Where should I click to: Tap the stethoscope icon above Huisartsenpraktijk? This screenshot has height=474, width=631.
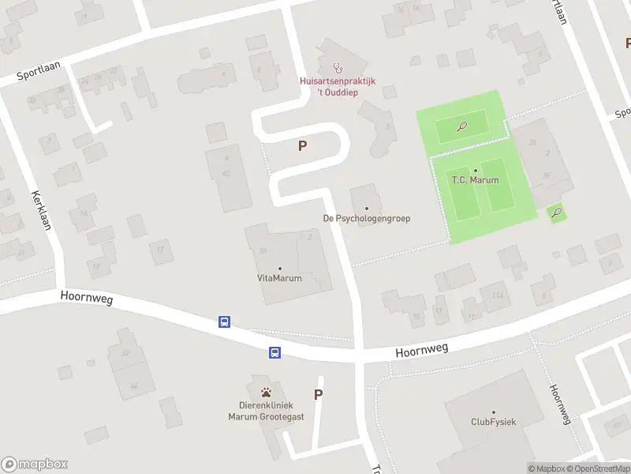(x=338, y=67)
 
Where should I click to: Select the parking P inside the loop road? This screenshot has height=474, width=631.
(x=302, y=145)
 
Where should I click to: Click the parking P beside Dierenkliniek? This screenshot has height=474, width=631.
(x=319, y=395)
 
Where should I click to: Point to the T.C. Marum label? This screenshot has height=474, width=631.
(x=475, y=180)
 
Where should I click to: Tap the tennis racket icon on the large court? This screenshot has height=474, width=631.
(x=461, y=125)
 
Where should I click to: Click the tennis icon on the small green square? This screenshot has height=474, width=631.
(x=558, y=212)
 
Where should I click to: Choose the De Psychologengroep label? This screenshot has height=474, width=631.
(x=367, y=218)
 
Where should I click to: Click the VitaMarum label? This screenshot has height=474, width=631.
(x=279, y=278)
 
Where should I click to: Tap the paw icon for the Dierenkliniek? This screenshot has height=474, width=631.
(x=265, y=391)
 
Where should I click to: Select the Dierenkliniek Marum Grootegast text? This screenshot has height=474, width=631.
(x=265, y=411)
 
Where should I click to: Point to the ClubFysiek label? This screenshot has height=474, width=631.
(x=493, y=422)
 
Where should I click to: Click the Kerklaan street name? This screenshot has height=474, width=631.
(x=41, y=210)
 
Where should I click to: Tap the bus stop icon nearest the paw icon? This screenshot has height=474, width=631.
(x=275, y=352)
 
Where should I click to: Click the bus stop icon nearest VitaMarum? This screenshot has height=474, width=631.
(x=225, y=322)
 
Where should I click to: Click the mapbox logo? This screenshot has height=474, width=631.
(x=34, y=465)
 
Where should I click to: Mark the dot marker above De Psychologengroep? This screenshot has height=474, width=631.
(x=367, y=209)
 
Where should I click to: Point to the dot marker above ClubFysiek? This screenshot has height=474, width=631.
(x=494, y=412)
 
